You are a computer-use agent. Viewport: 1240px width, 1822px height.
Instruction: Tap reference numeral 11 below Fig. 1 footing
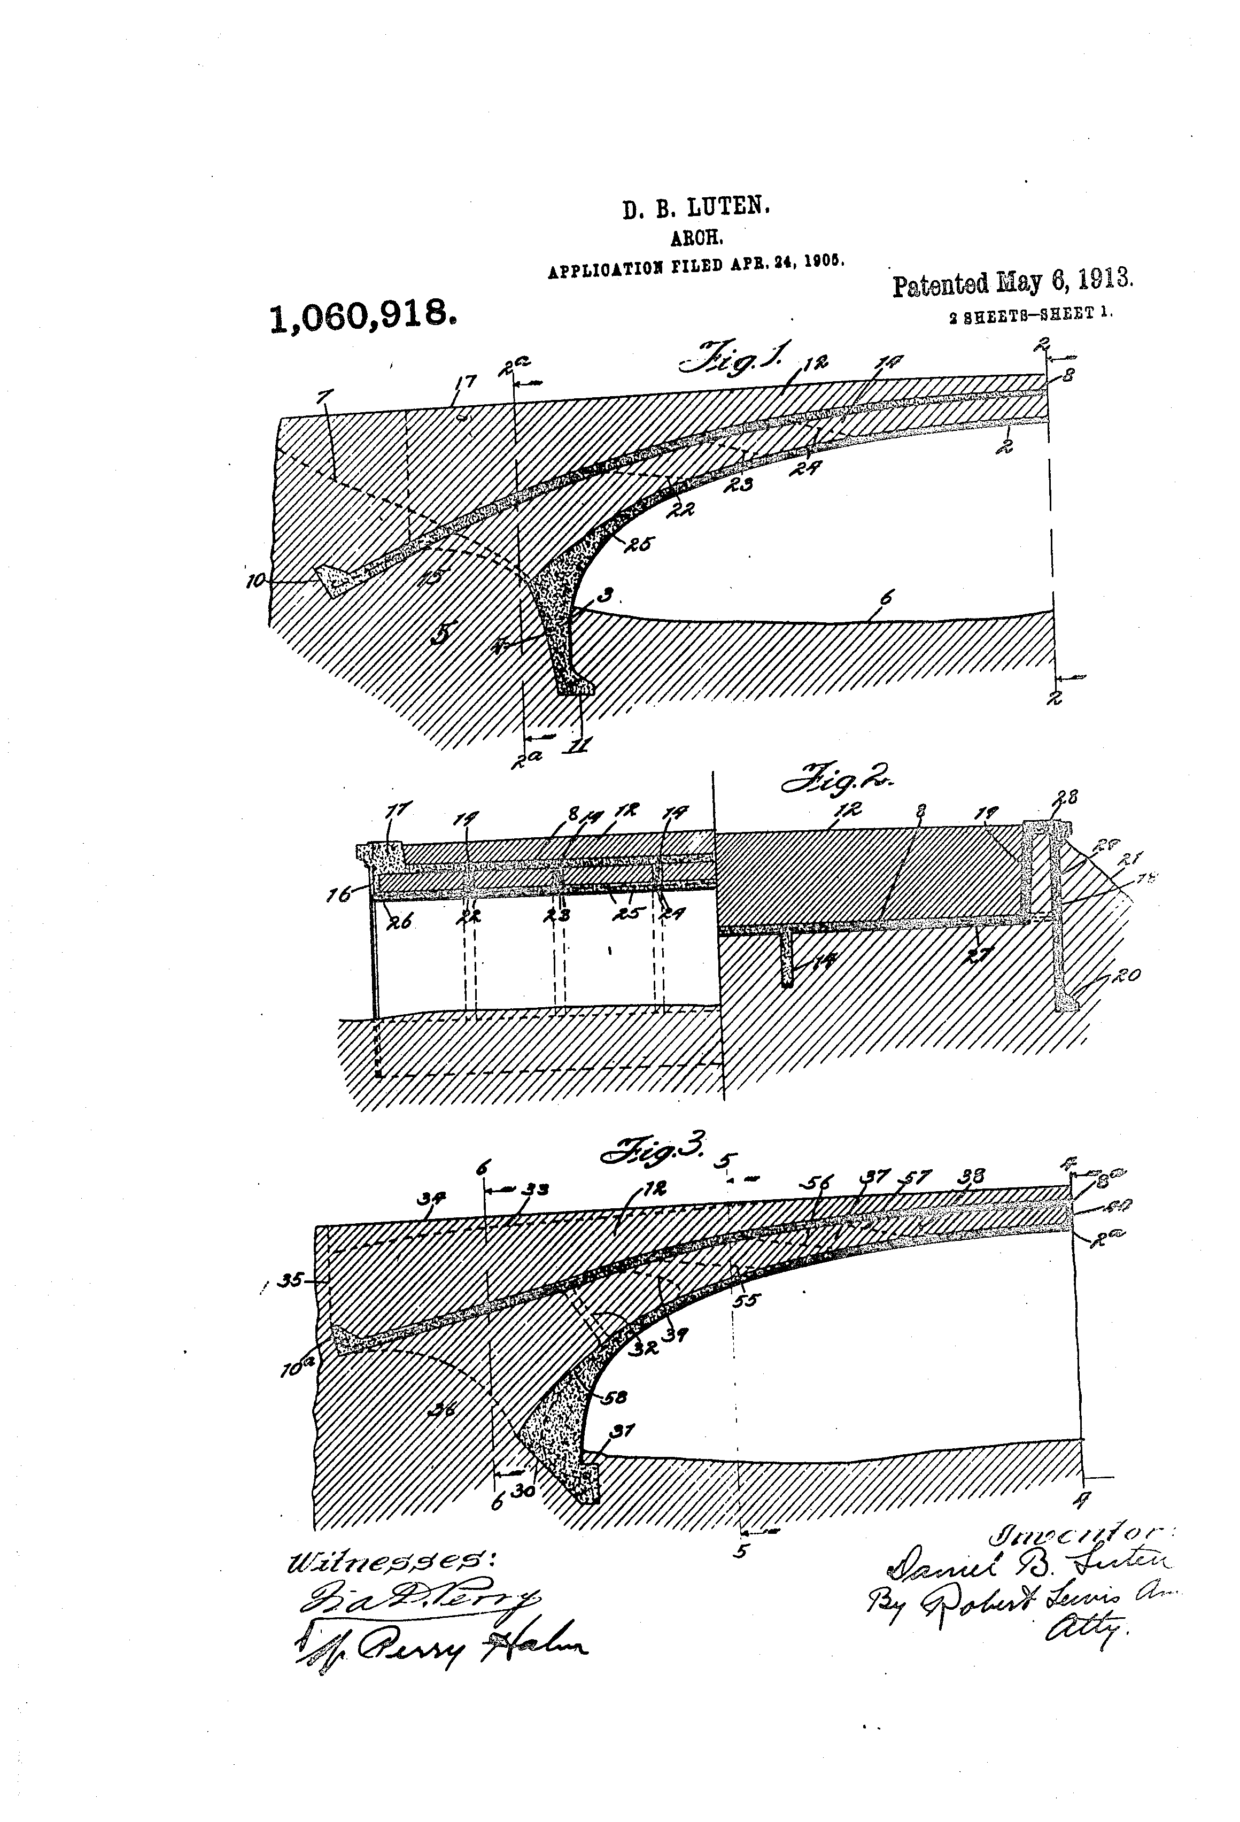tap(582, 744)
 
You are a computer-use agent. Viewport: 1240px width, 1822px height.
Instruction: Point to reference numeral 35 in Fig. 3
tap(291, 1279)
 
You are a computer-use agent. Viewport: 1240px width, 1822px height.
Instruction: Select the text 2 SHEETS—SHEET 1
tap(1030, 313)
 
